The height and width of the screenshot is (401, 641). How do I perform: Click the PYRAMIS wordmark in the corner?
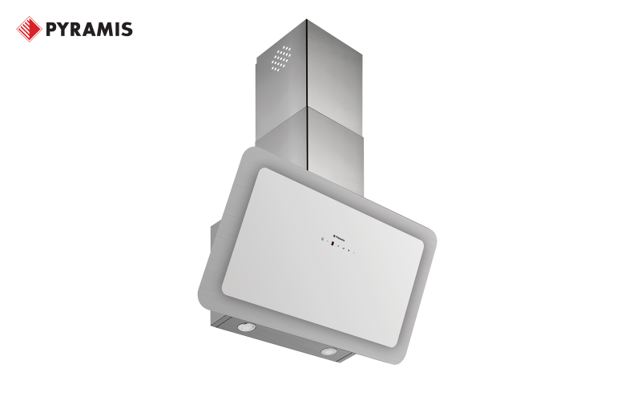[88, 30]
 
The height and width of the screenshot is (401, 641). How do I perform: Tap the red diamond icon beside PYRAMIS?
[29, 30]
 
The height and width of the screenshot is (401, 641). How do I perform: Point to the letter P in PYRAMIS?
[51, 30]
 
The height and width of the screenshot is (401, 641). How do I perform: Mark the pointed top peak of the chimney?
[307, 21]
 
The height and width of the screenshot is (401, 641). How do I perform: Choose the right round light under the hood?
[329, 352]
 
